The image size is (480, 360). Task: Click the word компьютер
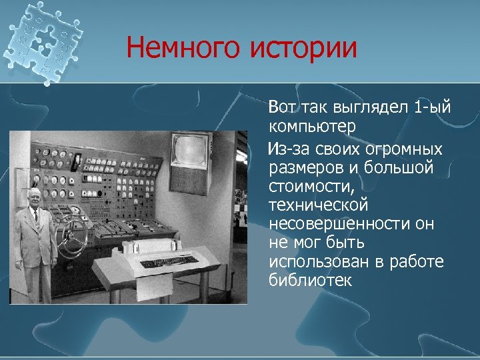[313, 126]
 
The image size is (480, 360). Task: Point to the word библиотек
[310, 281]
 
